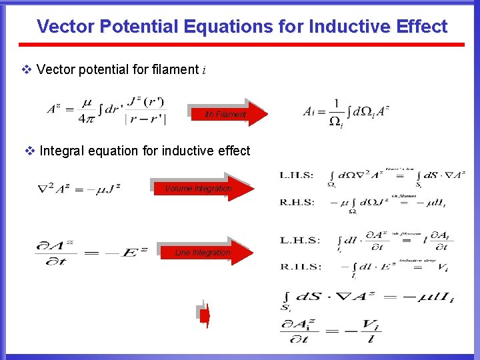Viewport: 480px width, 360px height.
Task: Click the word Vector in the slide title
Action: click(66, 27)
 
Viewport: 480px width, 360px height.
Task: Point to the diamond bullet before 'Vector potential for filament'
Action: click(27, 69)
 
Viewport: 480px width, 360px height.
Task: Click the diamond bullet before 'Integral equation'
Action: click(30, 151)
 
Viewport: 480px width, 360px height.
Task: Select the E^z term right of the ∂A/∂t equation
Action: click(135, 253)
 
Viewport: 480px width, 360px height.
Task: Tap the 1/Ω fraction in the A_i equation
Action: click(337, 112)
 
